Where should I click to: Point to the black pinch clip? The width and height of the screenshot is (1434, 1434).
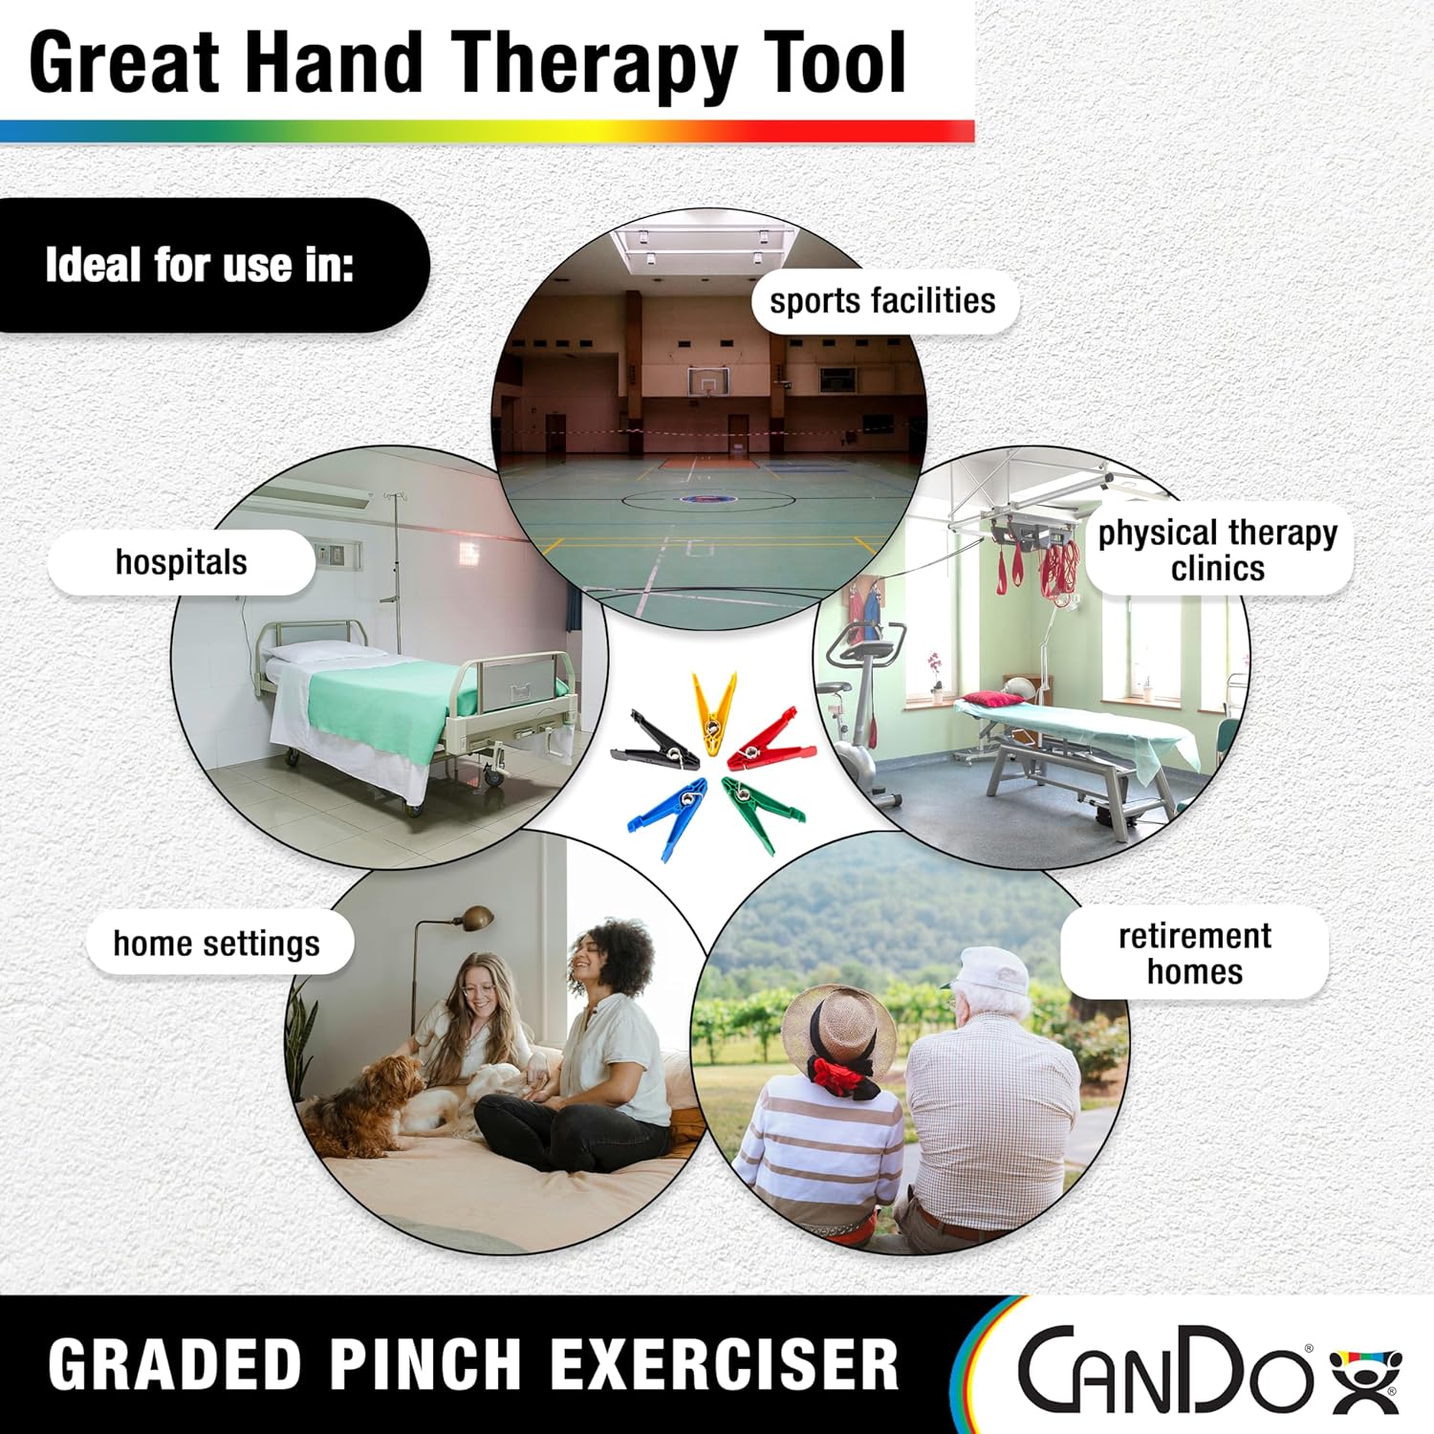[656, 742]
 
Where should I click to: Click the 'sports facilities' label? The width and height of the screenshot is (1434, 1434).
[882, 301]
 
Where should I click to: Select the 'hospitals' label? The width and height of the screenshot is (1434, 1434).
[182, 562]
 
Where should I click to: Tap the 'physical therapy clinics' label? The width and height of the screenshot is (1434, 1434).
[1218, 550]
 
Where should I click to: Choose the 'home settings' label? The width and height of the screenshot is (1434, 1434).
[217, 944]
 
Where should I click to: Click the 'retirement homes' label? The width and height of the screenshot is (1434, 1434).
[1195, 953]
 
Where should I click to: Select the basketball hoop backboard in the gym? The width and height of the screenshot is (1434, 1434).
[707, 381]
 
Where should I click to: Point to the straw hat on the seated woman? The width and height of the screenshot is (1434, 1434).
[838, 1028]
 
